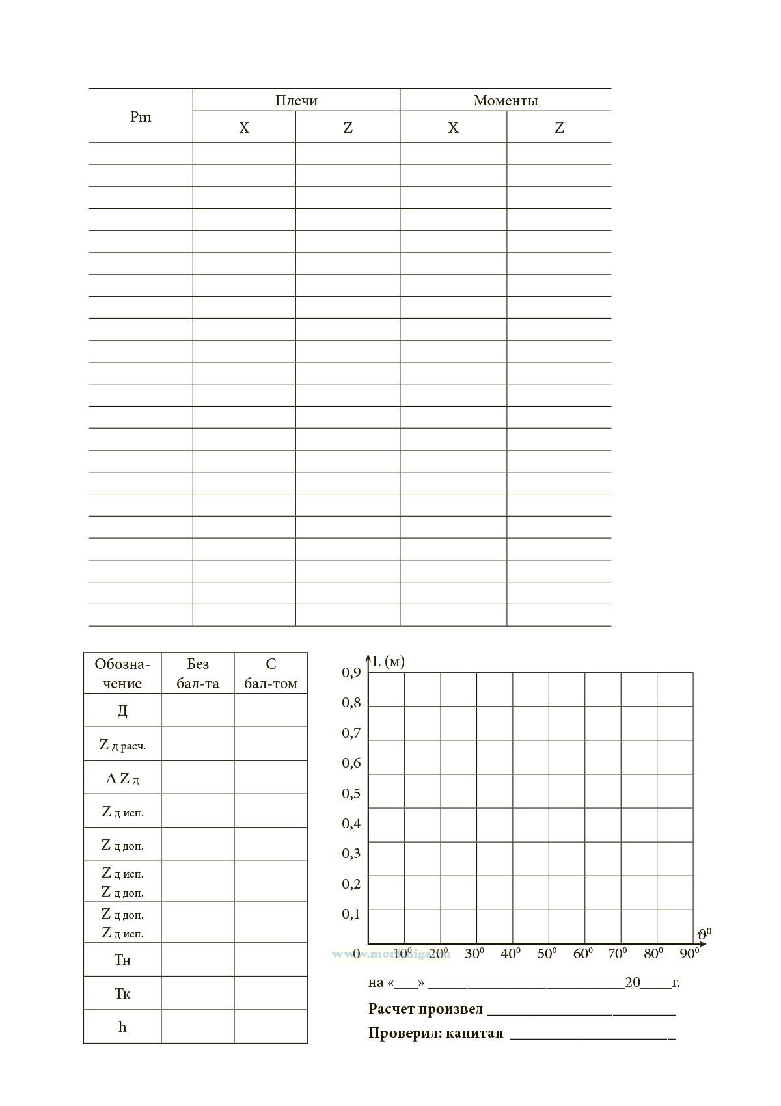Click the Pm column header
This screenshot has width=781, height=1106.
(x=141, y=116)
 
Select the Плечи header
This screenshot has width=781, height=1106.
(x=296, y=100)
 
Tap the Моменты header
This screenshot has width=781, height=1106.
(x=506, y=100)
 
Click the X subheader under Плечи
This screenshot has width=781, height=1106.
(x=244, y=128)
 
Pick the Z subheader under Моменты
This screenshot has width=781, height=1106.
(x=559, y=128)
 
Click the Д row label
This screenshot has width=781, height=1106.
(x=122, y=710)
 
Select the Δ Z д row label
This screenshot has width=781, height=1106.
(x=122, y=778)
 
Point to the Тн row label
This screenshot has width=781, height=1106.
(x=122, y=960)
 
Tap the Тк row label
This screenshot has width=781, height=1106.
(x=122, y=993)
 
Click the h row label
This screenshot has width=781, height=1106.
(x=122, y=1027)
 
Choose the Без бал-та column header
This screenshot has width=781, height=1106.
(x=198, y=673)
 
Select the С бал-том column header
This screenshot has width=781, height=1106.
(x=271, y=673)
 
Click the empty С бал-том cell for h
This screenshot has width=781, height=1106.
(x=271, y=1027)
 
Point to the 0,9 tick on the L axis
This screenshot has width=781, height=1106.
(x=351, y=673)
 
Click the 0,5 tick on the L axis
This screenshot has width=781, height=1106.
(x=351, y=793)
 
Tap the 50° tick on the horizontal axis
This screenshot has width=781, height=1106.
(x=547, y=954)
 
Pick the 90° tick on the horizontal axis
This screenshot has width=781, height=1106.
(x=689, y=954)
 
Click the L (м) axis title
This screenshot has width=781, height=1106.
(x=389, y=662)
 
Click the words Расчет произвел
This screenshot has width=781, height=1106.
(x=426, y=1009)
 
